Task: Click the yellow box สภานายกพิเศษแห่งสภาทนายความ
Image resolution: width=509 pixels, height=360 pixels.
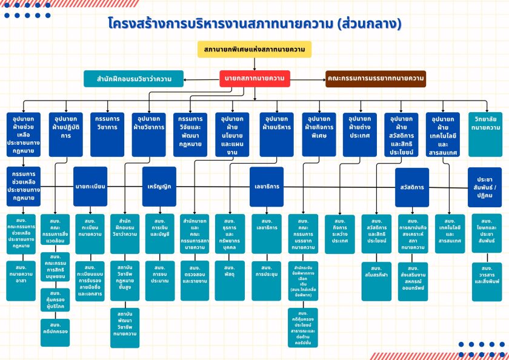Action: pyautogui.click(x=254, y=49)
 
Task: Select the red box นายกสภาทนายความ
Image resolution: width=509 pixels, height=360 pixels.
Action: pyautogui.click(x=254, y=78)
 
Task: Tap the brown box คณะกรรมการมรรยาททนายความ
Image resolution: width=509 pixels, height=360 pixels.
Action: pyautogui.click(x=375, y=78)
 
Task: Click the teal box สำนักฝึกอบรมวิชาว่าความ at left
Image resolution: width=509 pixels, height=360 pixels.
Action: pyautogui.click(x=133, y=78)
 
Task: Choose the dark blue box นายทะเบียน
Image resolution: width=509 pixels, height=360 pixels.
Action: pyautogui.click(x=90, y=186)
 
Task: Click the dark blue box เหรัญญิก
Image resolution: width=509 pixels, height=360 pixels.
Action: pyautogui.click(x=159, y=186)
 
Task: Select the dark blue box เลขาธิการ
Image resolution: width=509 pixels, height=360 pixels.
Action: pyautogui.click(x=267, y=186)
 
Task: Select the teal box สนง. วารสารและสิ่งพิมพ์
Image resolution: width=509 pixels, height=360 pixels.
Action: pyautogui.click(x=487, y=275)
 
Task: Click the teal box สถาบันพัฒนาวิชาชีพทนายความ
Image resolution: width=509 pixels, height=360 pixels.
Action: pyautogui.click(x=125, y=327)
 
